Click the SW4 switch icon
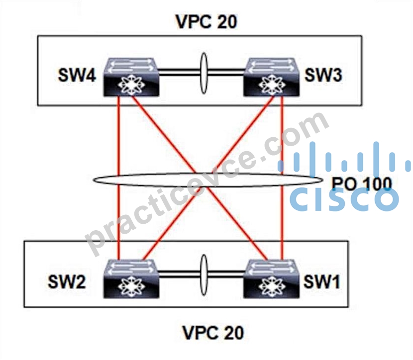coord(131,77)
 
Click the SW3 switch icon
coord(271,77)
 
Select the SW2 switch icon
coord(131,278)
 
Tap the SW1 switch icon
coord(271,278)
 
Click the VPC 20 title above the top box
coord(206,21)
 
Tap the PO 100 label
coord(362,183)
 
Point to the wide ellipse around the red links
coord(208,174)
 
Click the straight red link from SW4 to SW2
coord(119,178)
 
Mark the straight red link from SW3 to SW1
coord(282,178)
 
